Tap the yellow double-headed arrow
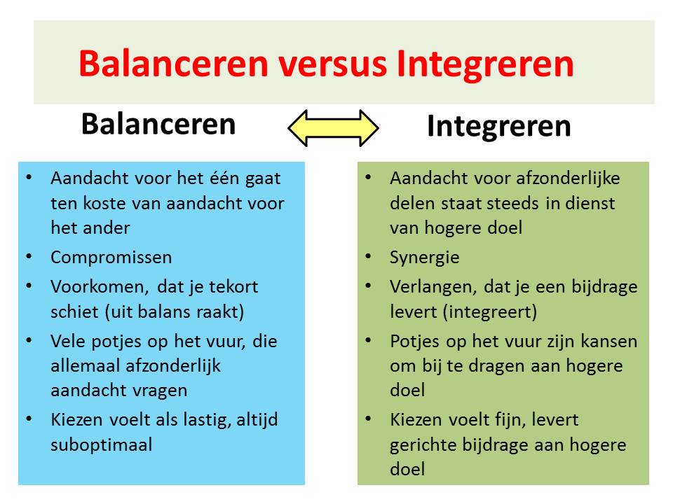pyautogui.click(x=334, y=128)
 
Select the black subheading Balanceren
pyautogui.click(x=158, y=124)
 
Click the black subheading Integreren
pyautogui.click(x=498, y=127)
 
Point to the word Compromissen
pyautogui.click(x=111, y=257)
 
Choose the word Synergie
pyautogui.click(x=425, y=257)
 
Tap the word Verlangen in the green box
pyautogui.click(x=433, y=287)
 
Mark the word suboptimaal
pyautogui.click(x=101, y=444)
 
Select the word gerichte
pyautogui.click(x=419, y=444)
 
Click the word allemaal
pyautogui.click(x=79, y=365)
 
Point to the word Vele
pyautogui.click(x=67, y=341)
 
